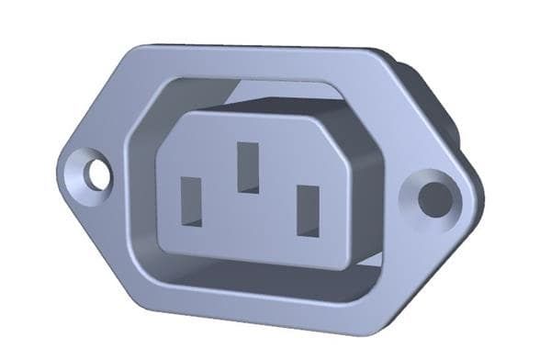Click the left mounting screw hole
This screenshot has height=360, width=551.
coord(97,174)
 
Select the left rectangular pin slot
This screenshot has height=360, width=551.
coord(191,200)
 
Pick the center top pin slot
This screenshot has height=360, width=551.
coord(248,166)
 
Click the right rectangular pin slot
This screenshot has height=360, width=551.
coord(308,210)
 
